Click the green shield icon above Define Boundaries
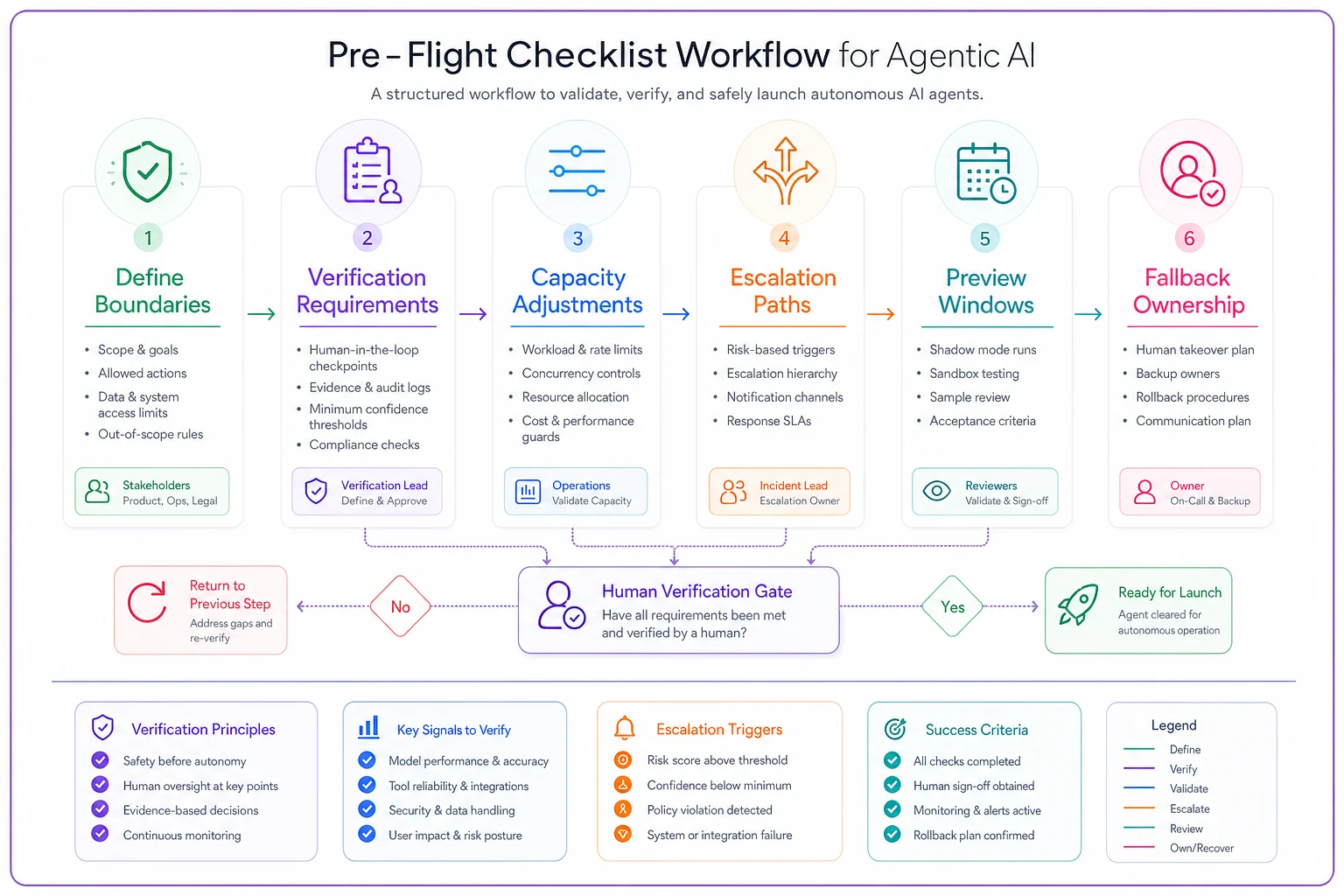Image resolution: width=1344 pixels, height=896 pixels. (147, 171)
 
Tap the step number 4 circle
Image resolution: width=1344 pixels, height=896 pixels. (784, 238)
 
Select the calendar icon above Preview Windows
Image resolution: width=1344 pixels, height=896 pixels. (986, 173)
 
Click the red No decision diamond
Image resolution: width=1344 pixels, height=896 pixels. (400, 606)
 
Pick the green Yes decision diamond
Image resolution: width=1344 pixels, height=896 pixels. (952, 606)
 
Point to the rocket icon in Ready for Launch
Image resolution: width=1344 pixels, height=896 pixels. (1078, 605)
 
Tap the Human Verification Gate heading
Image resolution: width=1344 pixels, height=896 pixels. (696, 591)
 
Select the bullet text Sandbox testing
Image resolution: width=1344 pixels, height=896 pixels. (974, 374)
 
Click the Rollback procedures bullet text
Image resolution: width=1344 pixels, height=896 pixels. (1193, 396)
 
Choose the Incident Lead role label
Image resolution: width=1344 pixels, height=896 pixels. (794, 485)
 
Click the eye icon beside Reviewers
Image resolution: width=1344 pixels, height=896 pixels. (936, 491)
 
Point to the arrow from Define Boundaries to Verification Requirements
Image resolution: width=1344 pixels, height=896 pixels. (262, 313)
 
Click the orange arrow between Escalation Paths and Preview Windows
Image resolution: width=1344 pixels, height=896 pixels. (881, 313)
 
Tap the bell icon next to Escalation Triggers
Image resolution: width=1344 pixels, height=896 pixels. (624, 728)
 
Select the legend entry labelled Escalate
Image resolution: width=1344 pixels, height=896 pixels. (1189, 808)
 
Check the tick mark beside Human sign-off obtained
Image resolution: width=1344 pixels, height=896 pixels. (892, 785)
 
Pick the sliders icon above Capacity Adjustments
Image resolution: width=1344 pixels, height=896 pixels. (577, 171)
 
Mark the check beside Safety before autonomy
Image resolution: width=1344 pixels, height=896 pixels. (101, 760)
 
